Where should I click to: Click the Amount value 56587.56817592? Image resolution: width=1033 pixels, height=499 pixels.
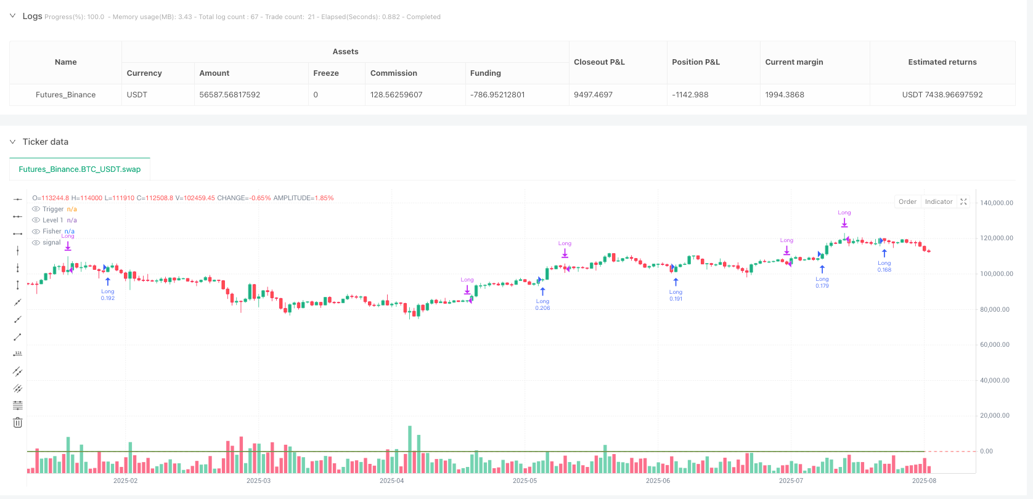[229, 95]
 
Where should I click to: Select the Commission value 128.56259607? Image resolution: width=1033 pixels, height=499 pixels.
[396, 95]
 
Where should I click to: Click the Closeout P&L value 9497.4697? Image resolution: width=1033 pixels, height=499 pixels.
[593, 95]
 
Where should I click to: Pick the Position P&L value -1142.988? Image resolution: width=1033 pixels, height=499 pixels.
[690, 95]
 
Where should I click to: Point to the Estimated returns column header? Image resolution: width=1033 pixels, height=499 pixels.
[942, 62]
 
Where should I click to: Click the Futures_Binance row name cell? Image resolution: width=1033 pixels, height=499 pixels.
[65, 95]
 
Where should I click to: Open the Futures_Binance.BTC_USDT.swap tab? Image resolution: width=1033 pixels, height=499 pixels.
[80, 169]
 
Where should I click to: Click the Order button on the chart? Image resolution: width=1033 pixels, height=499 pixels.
[907, 201]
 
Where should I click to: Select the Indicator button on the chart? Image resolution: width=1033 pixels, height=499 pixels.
[938, 201]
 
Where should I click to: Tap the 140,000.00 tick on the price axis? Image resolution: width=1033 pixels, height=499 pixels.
[996, 203]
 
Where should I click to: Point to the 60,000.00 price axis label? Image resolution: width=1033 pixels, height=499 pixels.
[995, 345]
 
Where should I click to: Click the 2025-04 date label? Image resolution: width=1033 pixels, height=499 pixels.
[391, 481]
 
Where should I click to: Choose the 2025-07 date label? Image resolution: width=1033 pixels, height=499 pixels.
[791, 481]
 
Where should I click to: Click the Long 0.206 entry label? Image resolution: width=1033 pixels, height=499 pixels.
[542, 304]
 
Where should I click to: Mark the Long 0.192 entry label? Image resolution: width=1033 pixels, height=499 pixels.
[108, 294]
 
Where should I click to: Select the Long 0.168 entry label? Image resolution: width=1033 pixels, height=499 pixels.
[884, 266]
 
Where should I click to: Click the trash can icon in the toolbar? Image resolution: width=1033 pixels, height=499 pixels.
[18, 423]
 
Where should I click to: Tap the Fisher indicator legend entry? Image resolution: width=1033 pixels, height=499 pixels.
[52, 232]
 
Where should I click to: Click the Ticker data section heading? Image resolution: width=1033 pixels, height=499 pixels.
[45, 142]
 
